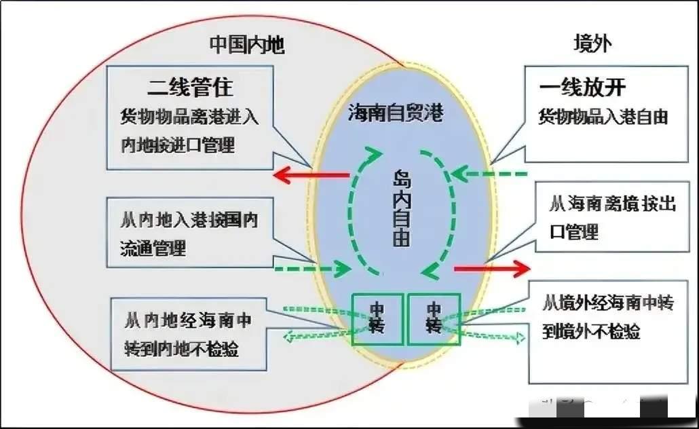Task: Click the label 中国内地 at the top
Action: point(246,45)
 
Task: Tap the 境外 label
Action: point(592,44)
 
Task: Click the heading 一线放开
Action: point(582,88)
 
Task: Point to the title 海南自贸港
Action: point(396,112)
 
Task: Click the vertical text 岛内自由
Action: point(402,207)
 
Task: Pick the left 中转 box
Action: point(377,318)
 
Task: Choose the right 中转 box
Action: point(434,318)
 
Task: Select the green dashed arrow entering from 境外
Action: point(489,174)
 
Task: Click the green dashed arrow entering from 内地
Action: point(312,269)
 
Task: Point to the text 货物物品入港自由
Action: point(603,116)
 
